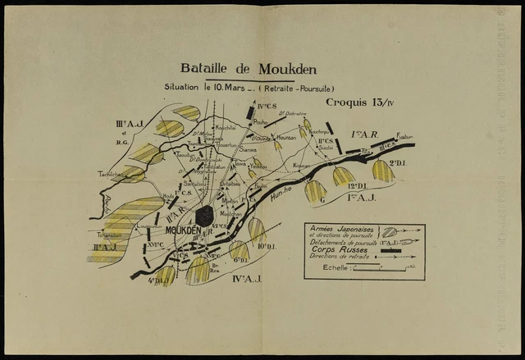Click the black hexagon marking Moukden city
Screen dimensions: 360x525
click(x=204, y=216)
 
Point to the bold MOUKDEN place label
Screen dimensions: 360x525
click(x=182, y=231)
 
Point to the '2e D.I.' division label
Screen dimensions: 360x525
click(x=398, y=163)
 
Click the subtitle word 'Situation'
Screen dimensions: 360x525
click(x=186, y=87)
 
